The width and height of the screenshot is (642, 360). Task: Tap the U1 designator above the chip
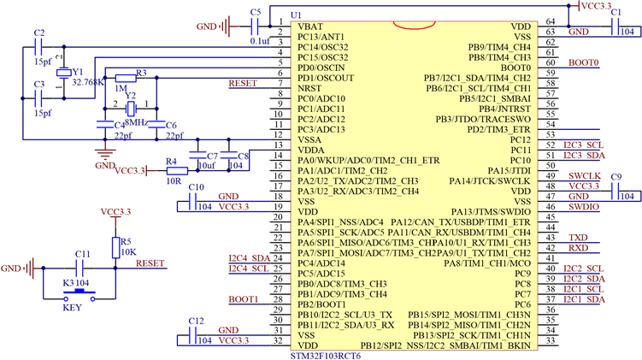point(296,15)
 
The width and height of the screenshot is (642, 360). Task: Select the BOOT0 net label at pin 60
point(584,62)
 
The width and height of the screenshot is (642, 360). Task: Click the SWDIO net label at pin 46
point(584,207)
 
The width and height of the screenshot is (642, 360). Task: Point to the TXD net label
point(578,238)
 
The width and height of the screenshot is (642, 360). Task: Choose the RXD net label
point(578,248)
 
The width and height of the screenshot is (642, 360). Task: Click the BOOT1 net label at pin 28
point(244,299)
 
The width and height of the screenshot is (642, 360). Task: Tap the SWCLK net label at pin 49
point(584,176)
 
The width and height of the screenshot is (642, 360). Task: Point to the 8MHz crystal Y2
point(131,109)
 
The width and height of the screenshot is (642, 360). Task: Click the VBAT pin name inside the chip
point(310,27)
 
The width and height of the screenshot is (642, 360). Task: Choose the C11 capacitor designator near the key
point(82,255)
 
